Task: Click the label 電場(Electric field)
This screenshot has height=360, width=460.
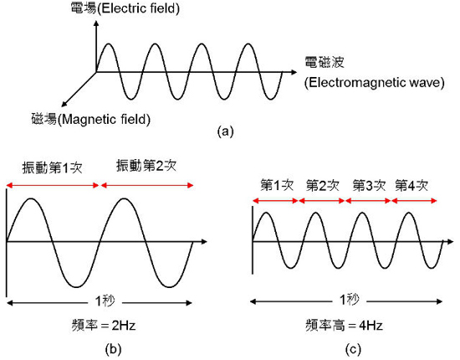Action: click(125, 8)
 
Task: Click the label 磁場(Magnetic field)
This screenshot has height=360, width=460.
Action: click(91, 119)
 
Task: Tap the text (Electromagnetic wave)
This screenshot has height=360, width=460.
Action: click(374, 83)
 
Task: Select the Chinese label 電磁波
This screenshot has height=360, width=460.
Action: click(325, 62)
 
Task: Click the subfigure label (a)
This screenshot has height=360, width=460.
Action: click(225, 131)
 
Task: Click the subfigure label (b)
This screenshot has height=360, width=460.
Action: click(113, 349)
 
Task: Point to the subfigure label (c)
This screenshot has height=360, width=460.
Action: click(354, 349)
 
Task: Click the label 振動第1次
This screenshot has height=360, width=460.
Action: click(52, 168)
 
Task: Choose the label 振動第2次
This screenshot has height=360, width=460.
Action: click(146, 166)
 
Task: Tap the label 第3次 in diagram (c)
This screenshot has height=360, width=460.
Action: click(369, 186)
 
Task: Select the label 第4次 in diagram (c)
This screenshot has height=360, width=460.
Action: click(411, 186)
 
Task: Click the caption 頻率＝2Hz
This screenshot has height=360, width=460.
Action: click(104, 326)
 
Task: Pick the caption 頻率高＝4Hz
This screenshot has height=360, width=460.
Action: click(344, 326)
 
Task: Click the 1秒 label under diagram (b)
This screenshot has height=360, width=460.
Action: click(105, 301)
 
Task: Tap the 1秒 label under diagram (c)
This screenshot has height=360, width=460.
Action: click(349, 300)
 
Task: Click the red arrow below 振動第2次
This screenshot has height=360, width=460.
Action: click(147, 185)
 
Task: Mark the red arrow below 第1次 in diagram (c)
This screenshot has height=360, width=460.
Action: click(275, 201)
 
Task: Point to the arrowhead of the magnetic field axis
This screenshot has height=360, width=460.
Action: click(64, 105)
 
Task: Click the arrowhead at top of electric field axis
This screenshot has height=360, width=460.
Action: click(96, 23)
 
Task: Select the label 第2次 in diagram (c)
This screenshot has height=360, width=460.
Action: click(322, 186)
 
